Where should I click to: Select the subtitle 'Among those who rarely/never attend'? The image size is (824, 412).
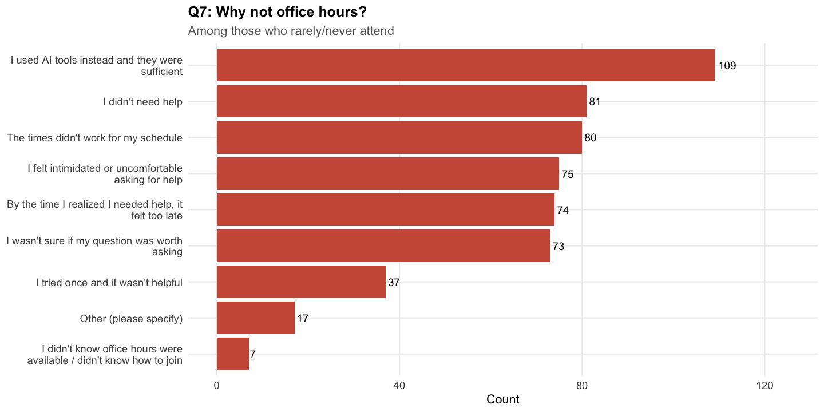[x=291, y=31]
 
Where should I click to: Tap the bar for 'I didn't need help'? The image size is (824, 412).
[x=401, y=102]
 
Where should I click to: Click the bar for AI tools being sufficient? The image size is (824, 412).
[x=465, y=65]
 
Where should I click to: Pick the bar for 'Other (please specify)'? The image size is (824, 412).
[x=255, y=318]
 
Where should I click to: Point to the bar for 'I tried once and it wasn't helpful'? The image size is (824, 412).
[x=301, y=282]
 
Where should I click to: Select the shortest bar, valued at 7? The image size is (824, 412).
[x=233, y=354]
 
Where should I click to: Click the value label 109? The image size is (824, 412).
[x=727, y=65]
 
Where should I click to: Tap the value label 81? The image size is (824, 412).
[x=595, y=102]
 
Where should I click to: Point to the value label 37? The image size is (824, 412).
[x=394, y=282]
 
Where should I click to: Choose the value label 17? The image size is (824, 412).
[x=303, y=318]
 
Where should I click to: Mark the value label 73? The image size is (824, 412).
[x=558, y=246]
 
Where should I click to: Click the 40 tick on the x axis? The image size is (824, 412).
[x=399, y=386]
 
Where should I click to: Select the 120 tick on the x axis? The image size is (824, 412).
[x=764, y=386]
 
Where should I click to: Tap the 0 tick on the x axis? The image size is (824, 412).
[x=217, y=386]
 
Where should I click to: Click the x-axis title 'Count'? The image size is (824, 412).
[x=503, y=399]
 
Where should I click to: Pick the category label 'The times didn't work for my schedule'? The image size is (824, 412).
[x=94, y=138]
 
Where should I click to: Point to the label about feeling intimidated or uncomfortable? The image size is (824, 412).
[x=105, y=174]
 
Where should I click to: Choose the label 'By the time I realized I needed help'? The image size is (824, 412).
[x=94, y=210]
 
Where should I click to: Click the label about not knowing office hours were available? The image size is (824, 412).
[x=105, y=354]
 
